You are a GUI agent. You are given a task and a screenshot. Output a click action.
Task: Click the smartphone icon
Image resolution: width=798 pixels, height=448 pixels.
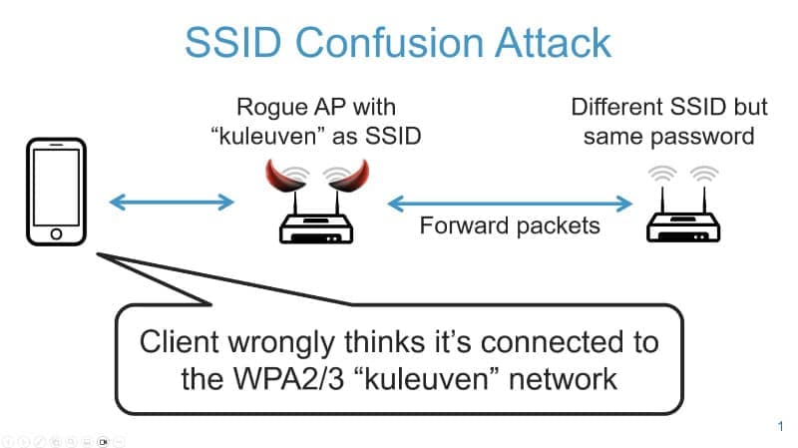click(56, 192)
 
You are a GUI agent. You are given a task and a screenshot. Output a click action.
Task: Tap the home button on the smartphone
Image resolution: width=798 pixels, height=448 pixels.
click(56, 233)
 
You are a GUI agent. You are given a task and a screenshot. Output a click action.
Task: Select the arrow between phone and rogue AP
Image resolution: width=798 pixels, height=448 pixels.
click(171, 203)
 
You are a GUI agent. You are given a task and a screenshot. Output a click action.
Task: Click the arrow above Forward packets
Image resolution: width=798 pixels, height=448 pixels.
click(510, 204)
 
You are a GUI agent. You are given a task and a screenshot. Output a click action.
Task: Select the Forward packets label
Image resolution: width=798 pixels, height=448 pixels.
click(510, 225)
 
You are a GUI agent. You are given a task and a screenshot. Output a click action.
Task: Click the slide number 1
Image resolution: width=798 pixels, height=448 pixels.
click(779, 427)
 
